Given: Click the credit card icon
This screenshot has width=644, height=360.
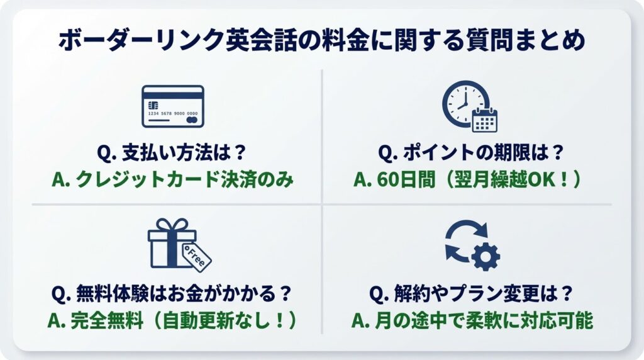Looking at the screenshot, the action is click(x=173, y=106).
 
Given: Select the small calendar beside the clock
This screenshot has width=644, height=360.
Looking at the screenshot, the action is click(x=485, y=120).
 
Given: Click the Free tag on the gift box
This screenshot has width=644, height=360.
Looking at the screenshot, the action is click(x=197, y=257).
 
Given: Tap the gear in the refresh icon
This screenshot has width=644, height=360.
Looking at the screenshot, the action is click(x=486, y=256).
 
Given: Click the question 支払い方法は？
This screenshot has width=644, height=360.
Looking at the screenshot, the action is click(x=171, y=153).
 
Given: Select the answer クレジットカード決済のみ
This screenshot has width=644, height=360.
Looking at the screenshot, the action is click(x=173, y=180).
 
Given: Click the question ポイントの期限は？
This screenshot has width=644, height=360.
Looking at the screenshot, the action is click(x=470, y=153).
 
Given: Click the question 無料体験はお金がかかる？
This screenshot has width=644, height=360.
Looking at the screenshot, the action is click(x=171, y=294).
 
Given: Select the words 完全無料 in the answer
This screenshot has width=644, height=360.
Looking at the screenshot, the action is click(x=107, y=321).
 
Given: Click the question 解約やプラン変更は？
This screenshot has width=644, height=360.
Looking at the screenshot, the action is click(x=470, y=294).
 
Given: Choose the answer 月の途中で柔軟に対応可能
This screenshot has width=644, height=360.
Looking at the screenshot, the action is click(x=472, y=321).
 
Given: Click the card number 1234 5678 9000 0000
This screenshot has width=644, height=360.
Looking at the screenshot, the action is click(x=173, y=113).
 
